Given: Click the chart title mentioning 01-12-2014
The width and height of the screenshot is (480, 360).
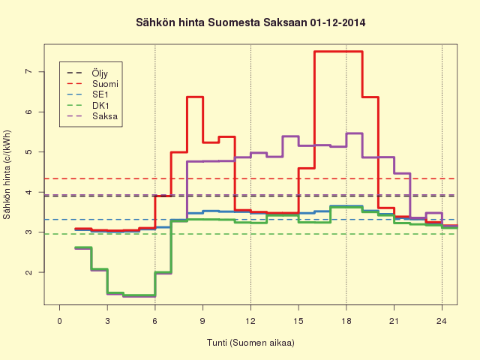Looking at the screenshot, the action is pyautogui.click(x=250, y=22).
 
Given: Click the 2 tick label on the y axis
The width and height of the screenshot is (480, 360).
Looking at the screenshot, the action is pyautogui.click(x=28, y=272).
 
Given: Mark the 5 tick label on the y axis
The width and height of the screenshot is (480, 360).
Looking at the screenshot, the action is pyautogui.click(x=28, y=151).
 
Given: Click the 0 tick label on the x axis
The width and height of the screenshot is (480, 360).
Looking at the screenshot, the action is pyautogui.click(x=60, y=321).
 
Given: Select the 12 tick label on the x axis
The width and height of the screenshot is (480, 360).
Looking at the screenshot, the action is pyautogui.click(x=250, y=321).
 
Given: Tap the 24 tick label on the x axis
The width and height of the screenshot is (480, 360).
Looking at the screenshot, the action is pyautogui.click(x=442, y=321).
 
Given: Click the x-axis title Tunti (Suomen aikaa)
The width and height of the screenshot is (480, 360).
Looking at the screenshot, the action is pyautogui.click(x=250, y=343).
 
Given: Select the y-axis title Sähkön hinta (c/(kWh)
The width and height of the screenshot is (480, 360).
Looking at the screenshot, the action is pyautogui.click(x=7, y=175).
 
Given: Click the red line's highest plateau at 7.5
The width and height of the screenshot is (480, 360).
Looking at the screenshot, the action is pyautogui.click(x=338, y=52).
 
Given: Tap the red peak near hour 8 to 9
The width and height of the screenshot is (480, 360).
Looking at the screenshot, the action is pyautogui.click(x=195, y=97).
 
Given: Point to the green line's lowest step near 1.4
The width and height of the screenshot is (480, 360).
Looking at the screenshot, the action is pyautogui.click(x=139, y=295).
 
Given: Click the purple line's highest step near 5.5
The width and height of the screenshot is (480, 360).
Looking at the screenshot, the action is pyautogui.click(x=355, y=133).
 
